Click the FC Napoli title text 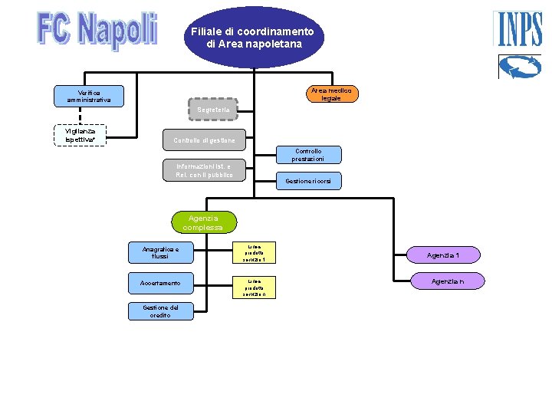97,31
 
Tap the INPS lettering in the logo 519,30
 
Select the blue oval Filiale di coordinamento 254,38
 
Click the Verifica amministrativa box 88,96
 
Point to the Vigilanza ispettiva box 80,135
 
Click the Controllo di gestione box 209,140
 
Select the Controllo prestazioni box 308,155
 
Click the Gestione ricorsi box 308,181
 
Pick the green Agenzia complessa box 203,222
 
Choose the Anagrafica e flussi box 159,252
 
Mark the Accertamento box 159,283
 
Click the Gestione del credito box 159,310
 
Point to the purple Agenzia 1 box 443,255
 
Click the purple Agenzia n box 447,281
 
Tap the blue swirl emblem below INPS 519,67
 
